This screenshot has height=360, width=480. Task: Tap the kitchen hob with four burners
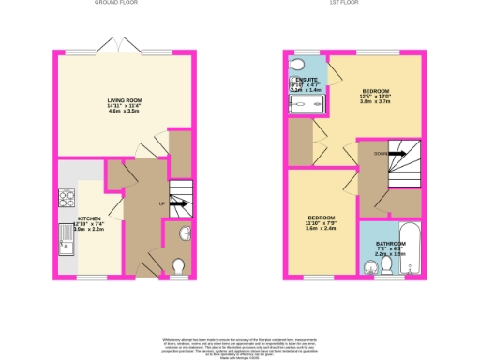point(68,199)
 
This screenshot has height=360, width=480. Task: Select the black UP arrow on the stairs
point(180,203)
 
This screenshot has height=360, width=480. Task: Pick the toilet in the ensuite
point(297,64)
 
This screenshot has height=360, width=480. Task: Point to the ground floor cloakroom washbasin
point(184,234)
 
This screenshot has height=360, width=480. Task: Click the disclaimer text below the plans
point(240,343)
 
